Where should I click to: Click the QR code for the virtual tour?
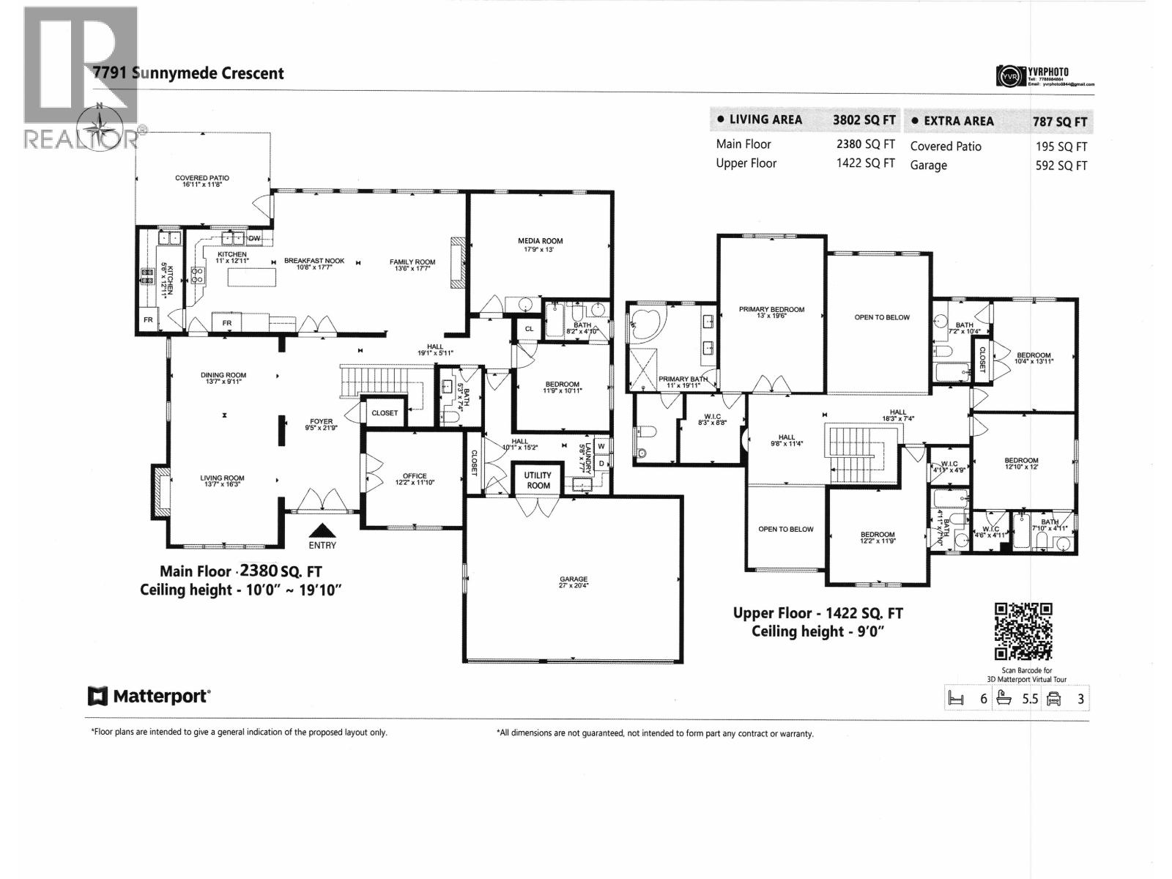point(1023,631)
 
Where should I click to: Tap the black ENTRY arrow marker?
point(323,530)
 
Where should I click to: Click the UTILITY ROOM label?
point(538,480)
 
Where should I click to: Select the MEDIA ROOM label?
point(541,245)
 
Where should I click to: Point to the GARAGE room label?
point(574,582)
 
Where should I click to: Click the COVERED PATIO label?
point(202,181)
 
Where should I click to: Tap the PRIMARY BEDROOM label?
point(771,313)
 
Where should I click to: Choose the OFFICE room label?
point(415,480)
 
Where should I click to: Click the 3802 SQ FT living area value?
point(864,119)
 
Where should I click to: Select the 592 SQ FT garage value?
point(1061,166)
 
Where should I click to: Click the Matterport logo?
point(149,696)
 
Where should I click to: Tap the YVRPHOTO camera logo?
point(1009,76)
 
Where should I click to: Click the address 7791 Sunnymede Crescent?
point(189,73)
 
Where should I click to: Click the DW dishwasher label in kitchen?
point(254,239)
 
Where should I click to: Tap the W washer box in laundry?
point(601,445)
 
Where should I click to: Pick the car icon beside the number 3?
point(1054,698)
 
